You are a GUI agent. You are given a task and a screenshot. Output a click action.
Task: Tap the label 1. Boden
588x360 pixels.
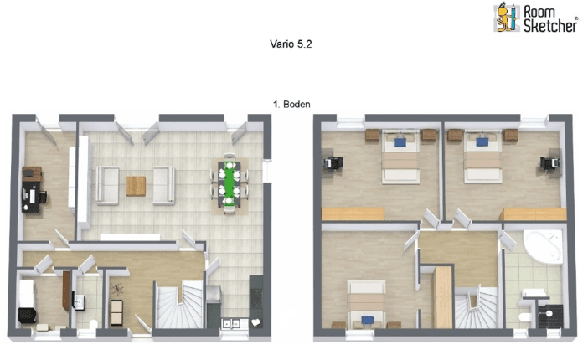292,105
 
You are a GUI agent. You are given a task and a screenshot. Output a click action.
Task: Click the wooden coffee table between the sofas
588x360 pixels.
136,185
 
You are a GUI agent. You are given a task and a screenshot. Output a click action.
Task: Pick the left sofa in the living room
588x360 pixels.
106,185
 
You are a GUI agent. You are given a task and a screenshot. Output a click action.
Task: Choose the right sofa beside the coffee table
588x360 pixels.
162,185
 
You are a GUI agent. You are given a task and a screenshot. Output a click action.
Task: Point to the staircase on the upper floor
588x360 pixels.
477,308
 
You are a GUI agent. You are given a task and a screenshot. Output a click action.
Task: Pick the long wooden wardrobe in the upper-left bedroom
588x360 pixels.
352,214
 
